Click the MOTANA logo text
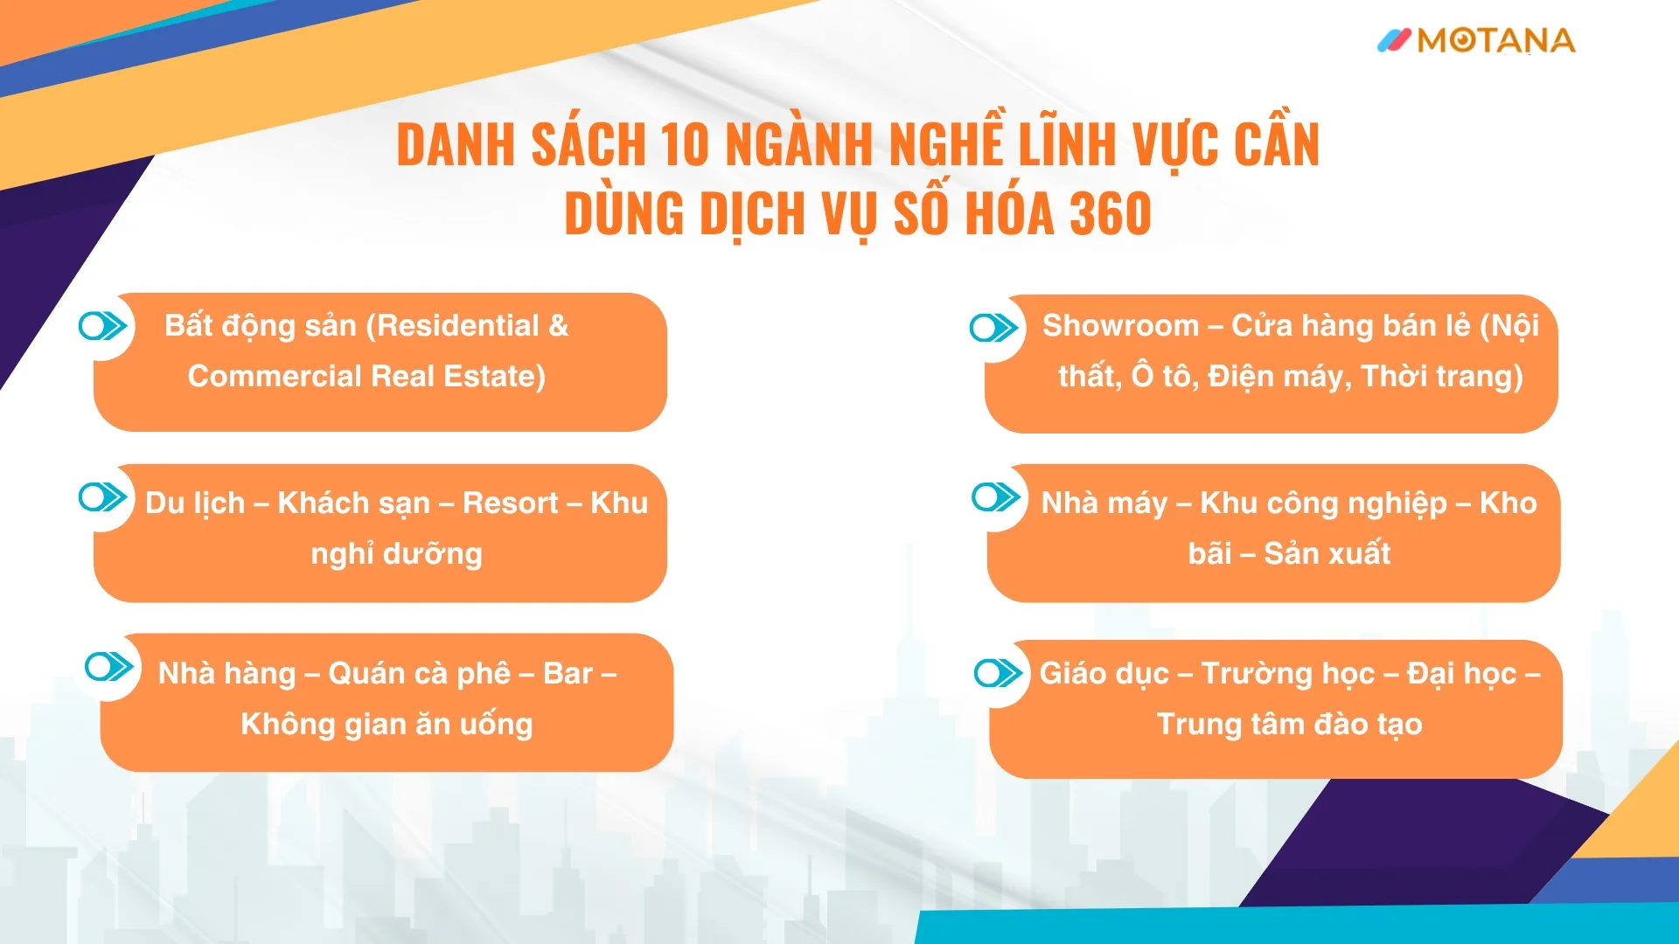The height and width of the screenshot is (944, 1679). click(x=1496, y=40)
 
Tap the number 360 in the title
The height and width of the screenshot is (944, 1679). click(x=1111, y=213)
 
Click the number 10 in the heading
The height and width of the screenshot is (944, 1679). click(x=684, y=143)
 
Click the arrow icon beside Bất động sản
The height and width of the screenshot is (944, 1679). click(x=103, y=326)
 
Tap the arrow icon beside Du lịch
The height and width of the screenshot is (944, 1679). click(x=103, y=497)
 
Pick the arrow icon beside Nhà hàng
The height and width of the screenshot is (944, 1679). click(x=109, y=667)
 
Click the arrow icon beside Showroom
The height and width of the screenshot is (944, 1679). click(x=994, y=328)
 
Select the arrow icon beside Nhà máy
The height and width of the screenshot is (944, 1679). click(x=996, y=497)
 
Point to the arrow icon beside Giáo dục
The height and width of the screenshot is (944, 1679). click(x=999, y=673)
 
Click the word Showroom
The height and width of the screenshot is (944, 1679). click(x=1120, y=325)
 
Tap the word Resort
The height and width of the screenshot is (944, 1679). click(x=510, y=503)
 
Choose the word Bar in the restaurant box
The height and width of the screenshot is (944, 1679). click(x=568, y=673)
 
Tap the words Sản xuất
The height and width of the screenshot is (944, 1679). click(x=1327, y=553)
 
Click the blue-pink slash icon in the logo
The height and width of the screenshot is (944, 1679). click(x=1394, y=40)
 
